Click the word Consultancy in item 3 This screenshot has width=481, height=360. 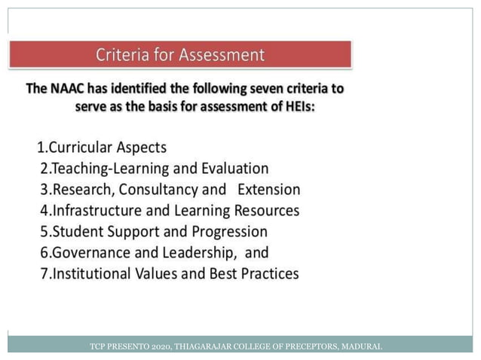(x=163, y=189)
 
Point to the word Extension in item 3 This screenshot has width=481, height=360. (x=268, y=189)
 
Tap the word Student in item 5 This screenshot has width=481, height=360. (x=77, y=231)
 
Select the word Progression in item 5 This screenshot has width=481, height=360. (x=228, y=231)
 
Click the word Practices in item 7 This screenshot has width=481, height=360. (x=269, y=273)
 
